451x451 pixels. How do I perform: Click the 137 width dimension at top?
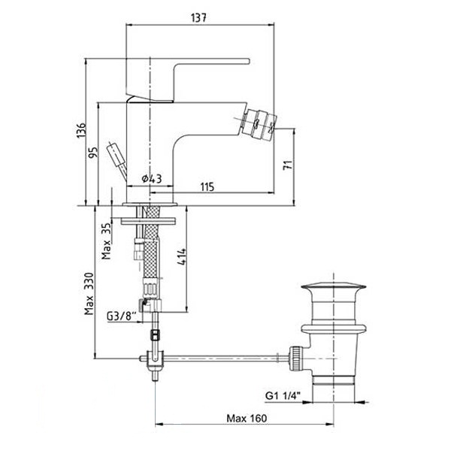point(198,18)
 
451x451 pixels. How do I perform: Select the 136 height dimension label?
point(81,130)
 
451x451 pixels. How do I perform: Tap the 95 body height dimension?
point(93,153)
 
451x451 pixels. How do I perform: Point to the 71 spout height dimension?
point(288,165)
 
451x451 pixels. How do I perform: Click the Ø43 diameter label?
point(152,179)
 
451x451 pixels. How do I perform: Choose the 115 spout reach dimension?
point(207,187)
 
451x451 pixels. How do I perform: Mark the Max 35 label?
point(106,241)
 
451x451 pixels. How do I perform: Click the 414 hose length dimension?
point(181,257)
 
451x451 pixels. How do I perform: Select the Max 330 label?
point(89,293)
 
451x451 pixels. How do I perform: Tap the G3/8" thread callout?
point(121,316)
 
